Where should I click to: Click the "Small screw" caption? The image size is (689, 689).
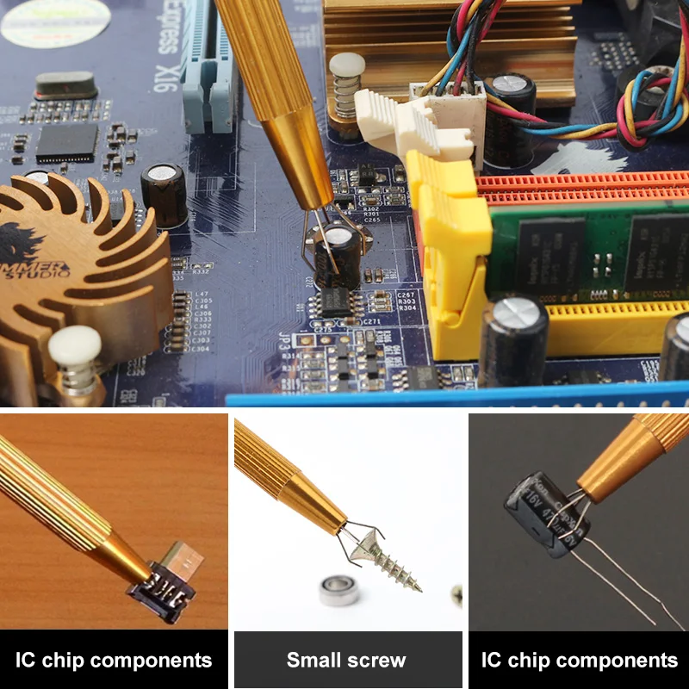click(x=346, y=661)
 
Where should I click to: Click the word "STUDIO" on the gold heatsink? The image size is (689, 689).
click(x=39, y=274)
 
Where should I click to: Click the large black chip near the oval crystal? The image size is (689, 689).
click(x=66, y=143)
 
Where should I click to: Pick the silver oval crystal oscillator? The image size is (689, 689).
click(x=65, y=85)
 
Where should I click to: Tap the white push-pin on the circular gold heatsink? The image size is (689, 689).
click(x=75, y=350)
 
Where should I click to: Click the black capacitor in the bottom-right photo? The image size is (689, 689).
click(x=546, y=513)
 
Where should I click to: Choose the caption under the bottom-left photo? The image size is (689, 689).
click(x=114, y=661)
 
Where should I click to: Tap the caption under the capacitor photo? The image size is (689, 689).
click(x=579, y=661)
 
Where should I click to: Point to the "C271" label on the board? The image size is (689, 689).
click(x=372, y=321)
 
